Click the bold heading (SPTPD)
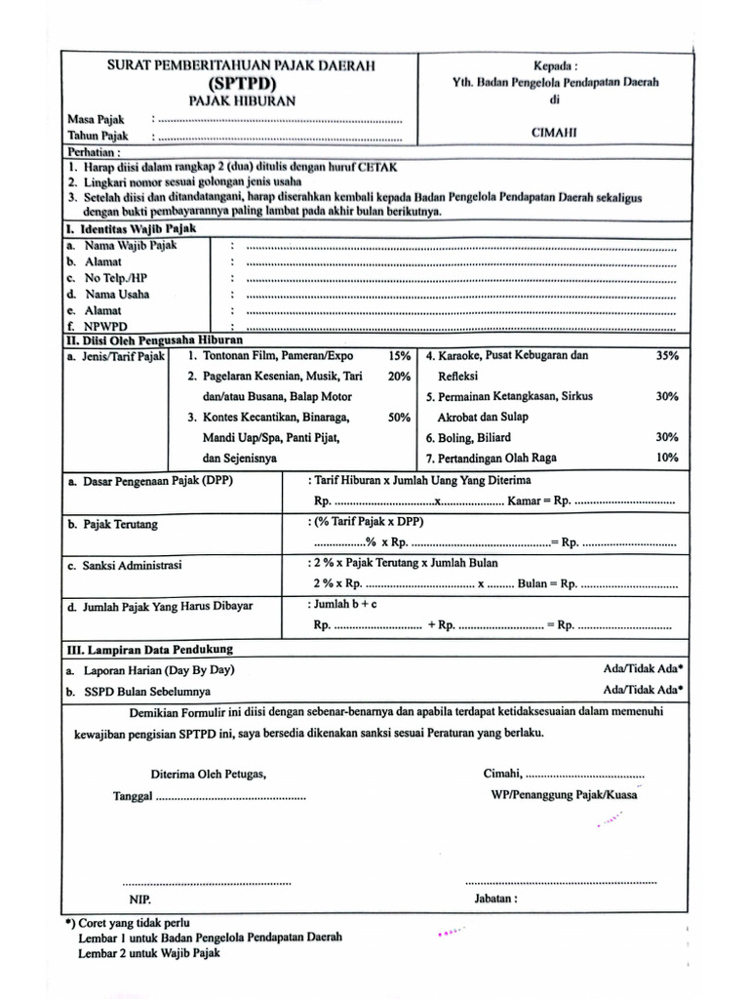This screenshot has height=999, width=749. (x=240, y=83)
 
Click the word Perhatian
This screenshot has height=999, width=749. (x=94, y=152)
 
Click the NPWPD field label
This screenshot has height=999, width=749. (x=105, y=326)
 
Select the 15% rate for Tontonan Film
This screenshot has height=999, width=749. (x=399, y=356)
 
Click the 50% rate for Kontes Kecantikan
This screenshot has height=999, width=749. (x=399, y=418)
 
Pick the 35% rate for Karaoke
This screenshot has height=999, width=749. (x=667, y=356)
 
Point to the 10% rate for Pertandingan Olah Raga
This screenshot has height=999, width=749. (x=667, y=458)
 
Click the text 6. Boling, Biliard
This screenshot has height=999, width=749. (x=468, y=438)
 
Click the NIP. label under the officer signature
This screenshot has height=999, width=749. (x=139, y=899)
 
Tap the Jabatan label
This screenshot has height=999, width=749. (x=495, y=899)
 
